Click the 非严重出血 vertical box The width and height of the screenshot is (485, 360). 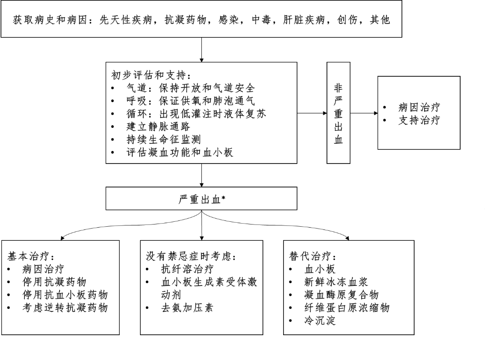click(338, 112)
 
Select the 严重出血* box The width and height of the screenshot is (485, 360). click(201, 199)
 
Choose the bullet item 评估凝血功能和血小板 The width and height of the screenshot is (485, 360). click(180, 153)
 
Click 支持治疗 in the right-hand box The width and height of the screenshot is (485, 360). click(419, 121)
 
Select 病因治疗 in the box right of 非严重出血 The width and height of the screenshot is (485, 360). click(419, 108)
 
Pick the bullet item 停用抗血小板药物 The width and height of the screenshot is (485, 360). click(65, 295)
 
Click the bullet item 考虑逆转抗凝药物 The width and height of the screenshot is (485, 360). click(65, 308)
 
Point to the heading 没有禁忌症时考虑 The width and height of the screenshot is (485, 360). click(190, 256)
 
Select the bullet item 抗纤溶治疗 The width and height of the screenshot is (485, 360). click(187, 270)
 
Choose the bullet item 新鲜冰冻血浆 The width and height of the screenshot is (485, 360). click(336, 282)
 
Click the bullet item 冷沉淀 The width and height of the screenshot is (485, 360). click(320, 321)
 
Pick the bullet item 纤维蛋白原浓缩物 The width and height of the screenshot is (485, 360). click(347, 308)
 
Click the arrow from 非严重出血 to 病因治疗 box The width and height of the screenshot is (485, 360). click(364, 112)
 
